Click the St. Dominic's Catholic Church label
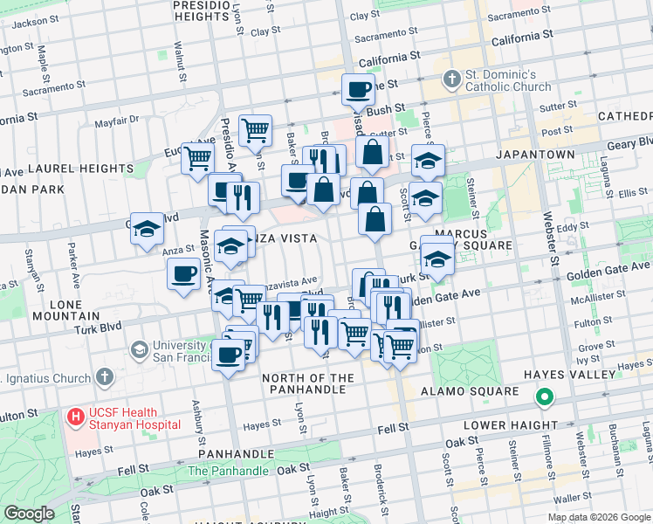point(508,80)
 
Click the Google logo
point(29,514)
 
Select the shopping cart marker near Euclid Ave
point(198,158)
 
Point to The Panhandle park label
point(228,471)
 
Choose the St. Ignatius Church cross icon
point(104,378)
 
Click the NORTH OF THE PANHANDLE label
point(309,384)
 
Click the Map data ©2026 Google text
point(599,516)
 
